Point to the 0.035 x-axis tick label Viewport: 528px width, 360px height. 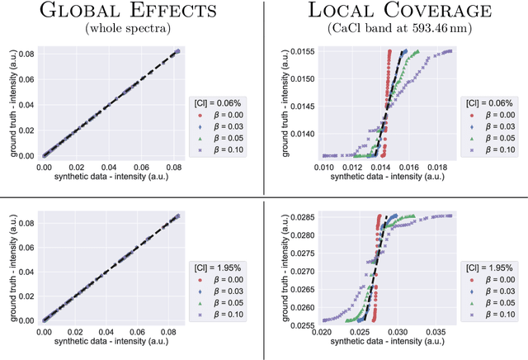pyautogui.click(x=437, y=332)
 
